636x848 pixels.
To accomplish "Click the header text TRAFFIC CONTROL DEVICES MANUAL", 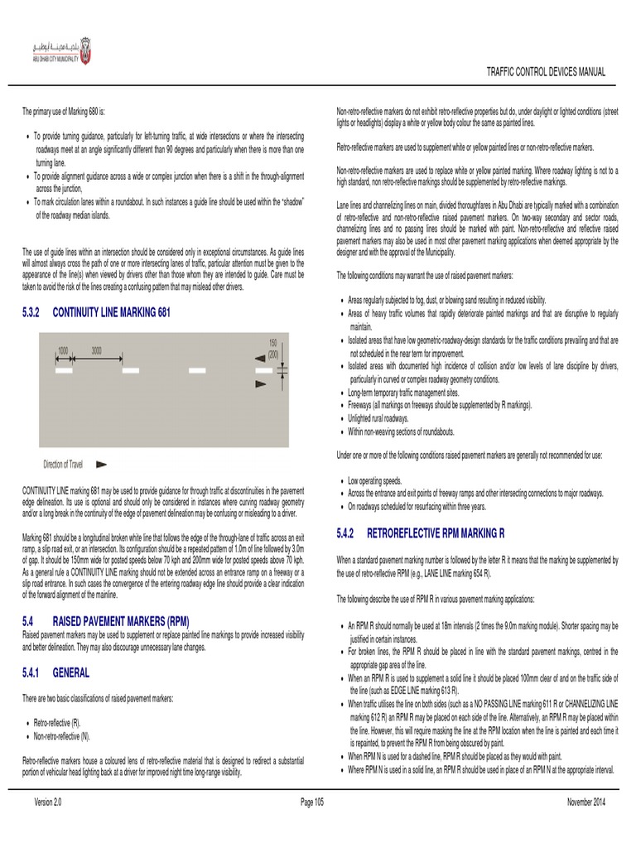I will (545, 72).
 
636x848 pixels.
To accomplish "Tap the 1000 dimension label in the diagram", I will (63, 350).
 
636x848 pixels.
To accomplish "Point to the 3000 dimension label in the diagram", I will (97, 350).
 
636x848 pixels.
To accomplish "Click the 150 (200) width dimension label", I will (272, 348).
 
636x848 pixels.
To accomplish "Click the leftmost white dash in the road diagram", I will (64, 370).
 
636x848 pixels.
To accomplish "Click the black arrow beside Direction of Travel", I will (102, 465).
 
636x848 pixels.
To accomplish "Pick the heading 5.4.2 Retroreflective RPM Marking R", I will (420, 532).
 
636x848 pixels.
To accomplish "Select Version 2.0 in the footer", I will (48, 802).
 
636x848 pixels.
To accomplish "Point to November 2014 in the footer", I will (586, 802).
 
